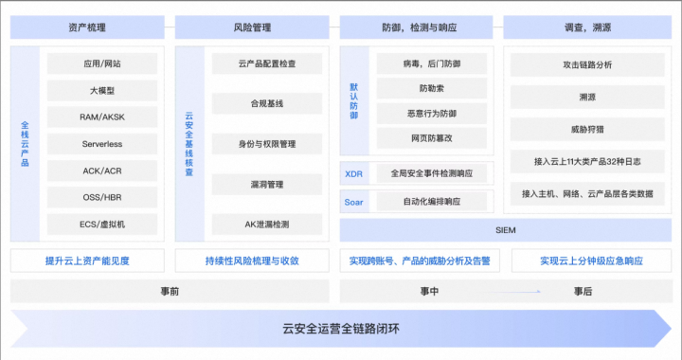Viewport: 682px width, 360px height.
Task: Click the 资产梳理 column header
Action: coord(88,27)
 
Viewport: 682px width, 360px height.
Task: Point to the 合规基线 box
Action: coord(266,104)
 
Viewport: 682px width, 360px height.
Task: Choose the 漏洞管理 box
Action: coord(266,184)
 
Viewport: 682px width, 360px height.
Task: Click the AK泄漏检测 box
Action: coord(266,225)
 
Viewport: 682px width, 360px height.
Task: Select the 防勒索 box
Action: coord(431,89)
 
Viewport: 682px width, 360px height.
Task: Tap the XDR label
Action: coord(353,174)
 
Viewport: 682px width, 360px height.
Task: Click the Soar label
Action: coord(353,202)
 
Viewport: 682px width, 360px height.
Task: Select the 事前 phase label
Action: coord(170,292)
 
